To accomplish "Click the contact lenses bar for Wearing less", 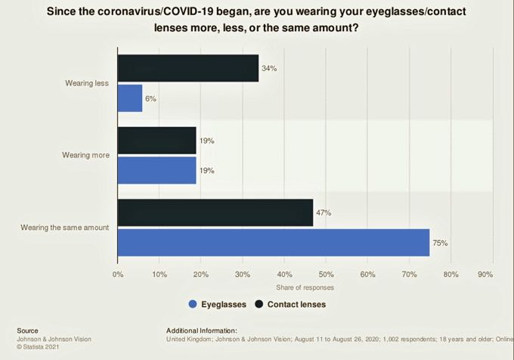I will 188,69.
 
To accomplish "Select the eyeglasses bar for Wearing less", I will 130,98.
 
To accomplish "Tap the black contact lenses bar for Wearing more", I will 156,141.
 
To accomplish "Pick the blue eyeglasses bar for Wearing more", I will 156,170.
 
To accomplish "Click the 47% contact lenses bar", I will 215,213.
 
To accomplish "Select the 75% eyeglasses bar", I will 274,243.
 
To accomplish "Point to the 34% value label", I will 269,69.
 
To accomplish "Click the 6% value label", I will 150,98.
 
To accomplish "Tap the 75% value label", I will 440,243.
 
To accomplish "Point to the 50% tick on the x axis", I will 326,274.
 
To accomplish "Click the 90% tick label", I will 485,274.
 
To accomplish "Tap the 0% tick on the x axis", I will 118,274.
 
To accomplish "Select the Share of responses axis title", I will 305,287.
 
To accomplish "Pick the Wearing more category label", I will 85,155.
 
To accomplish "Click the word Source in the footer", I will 27,331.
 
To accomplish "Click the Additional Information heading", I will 201,331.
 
